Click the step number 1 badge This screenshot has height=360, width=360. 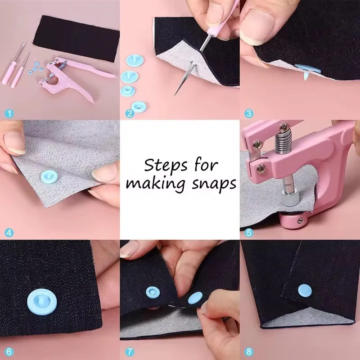point(9,113)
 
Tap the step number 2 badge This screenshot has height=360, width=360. point(130,113)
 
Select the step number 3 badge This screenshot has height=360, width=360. point(249,113)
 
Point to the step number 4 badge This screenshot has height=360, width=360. point(9,233)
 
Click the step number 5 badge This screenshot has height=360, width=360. point(249,233)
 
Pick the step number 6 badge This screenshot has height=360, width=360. point(9,352)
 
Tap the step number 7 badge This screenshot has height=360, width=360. point(130,352)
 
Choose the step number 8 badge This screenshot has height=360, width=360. point(249,352)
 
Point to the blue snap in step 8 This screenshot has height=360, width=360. point(305,290)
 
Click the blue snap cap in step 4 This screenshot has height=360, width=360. point(49,177)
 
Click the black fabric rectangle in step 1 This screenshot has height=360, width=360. point(76,39)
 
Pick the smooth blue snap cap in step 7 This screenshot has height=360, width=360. point(195,298)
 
